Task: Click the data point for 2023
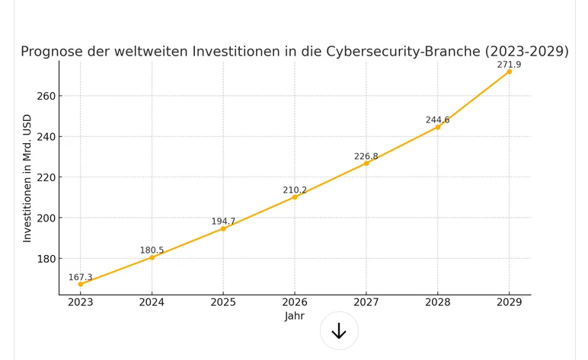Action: [81, 284]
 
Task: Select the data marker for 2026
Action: [295, 197]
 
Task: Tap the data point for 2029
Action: [509, 72]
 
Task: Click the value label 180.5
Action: [152, 250]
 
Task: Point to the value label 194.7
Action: [223, 221]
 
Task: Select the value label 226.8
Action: [366, 157]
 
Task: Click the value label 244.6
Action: [437, 120]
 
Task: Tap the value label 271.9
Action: [509, 65]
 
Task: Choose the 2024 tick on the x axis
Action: [152, 302]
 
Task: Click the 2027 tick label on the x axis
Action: [366, 302]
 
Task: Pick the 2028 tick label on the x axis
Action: [437, 302]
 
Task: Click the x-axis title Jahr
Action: [295, 316]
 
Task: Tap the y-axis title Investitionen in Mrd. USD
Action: [27, 178]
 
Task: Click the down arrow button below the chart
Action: [339, 331]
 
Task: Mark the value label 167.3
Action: [80, 278]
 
